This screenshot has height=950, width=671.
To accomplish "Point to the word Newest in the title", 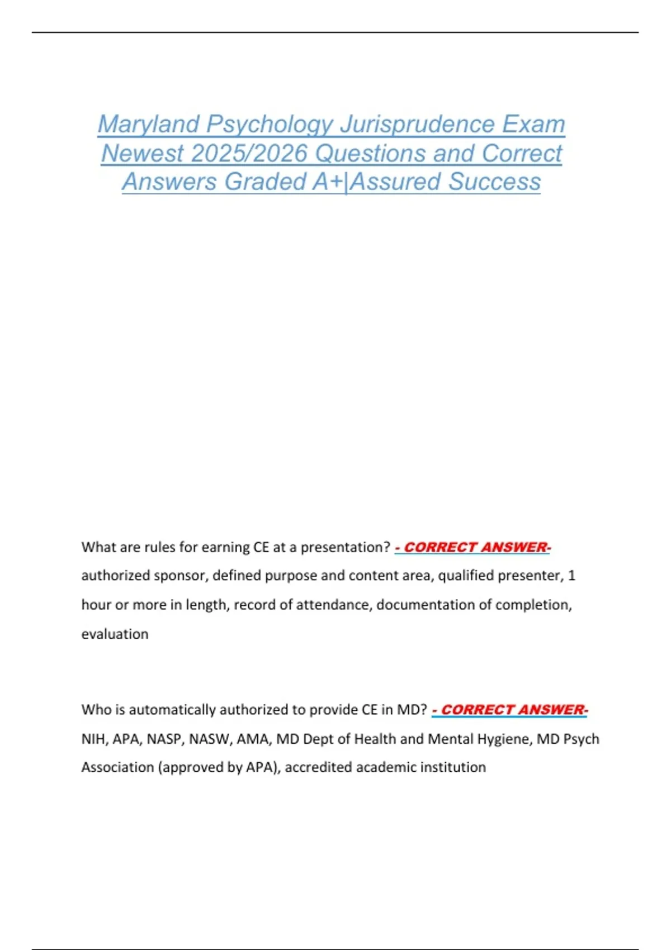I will coord(142,153).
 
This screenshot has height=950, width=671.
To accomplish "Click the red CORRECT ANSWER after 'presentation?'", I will coord(475,547).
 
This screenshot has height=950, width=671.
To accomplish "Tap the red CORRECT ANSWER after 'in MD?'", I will coord(512,710).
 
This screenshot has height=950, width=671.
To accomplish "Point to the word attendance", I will coord(338,605).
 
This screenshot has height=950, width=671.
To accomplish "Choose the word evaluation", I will coord(115,634).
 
